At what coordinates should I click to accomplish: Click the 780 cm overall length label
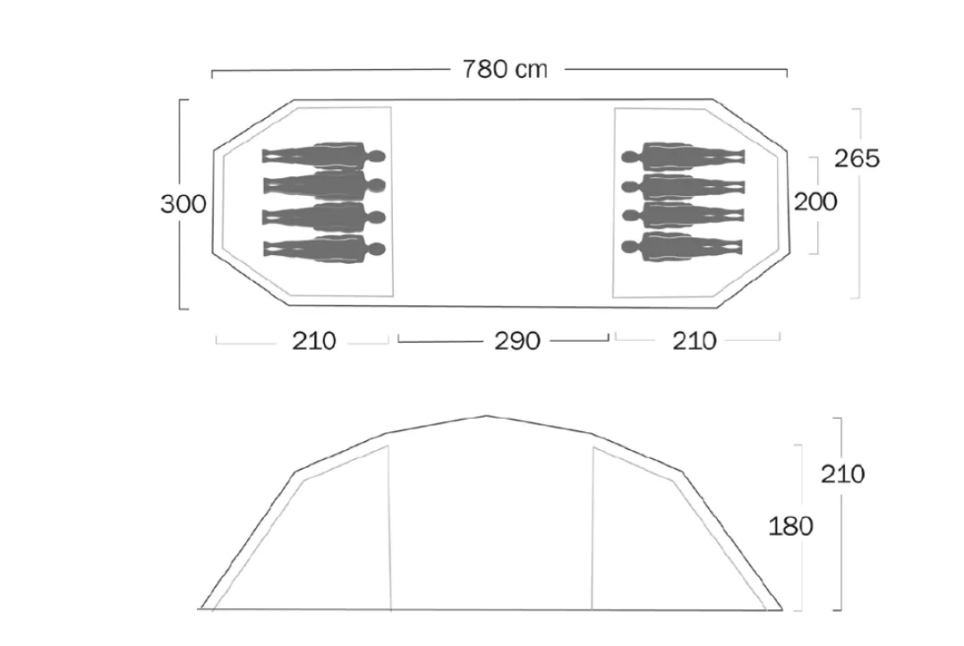(x=504, y=70)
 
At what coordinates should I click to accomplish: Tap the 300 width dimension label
(x=183, y=204)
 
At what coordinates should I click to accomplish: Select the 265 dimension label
(x=857, y=158)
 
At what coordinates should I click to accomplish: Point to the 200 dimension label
(x=815, y=201)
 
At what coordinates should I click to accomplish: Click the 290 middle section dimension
(x=517, y=341)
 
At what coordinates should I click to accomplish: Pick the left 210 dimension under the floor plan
(x=313, y=341)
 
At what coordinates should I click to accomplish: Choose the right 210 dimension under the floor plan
(x=694, y=341)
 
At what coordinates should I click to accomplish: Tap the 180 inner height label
(x=790, y=526)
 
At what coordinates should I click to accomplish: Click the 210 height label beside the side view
(x=843, y=474)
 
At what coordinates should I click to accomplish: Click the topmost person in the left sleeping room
(x=324, y=156)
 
